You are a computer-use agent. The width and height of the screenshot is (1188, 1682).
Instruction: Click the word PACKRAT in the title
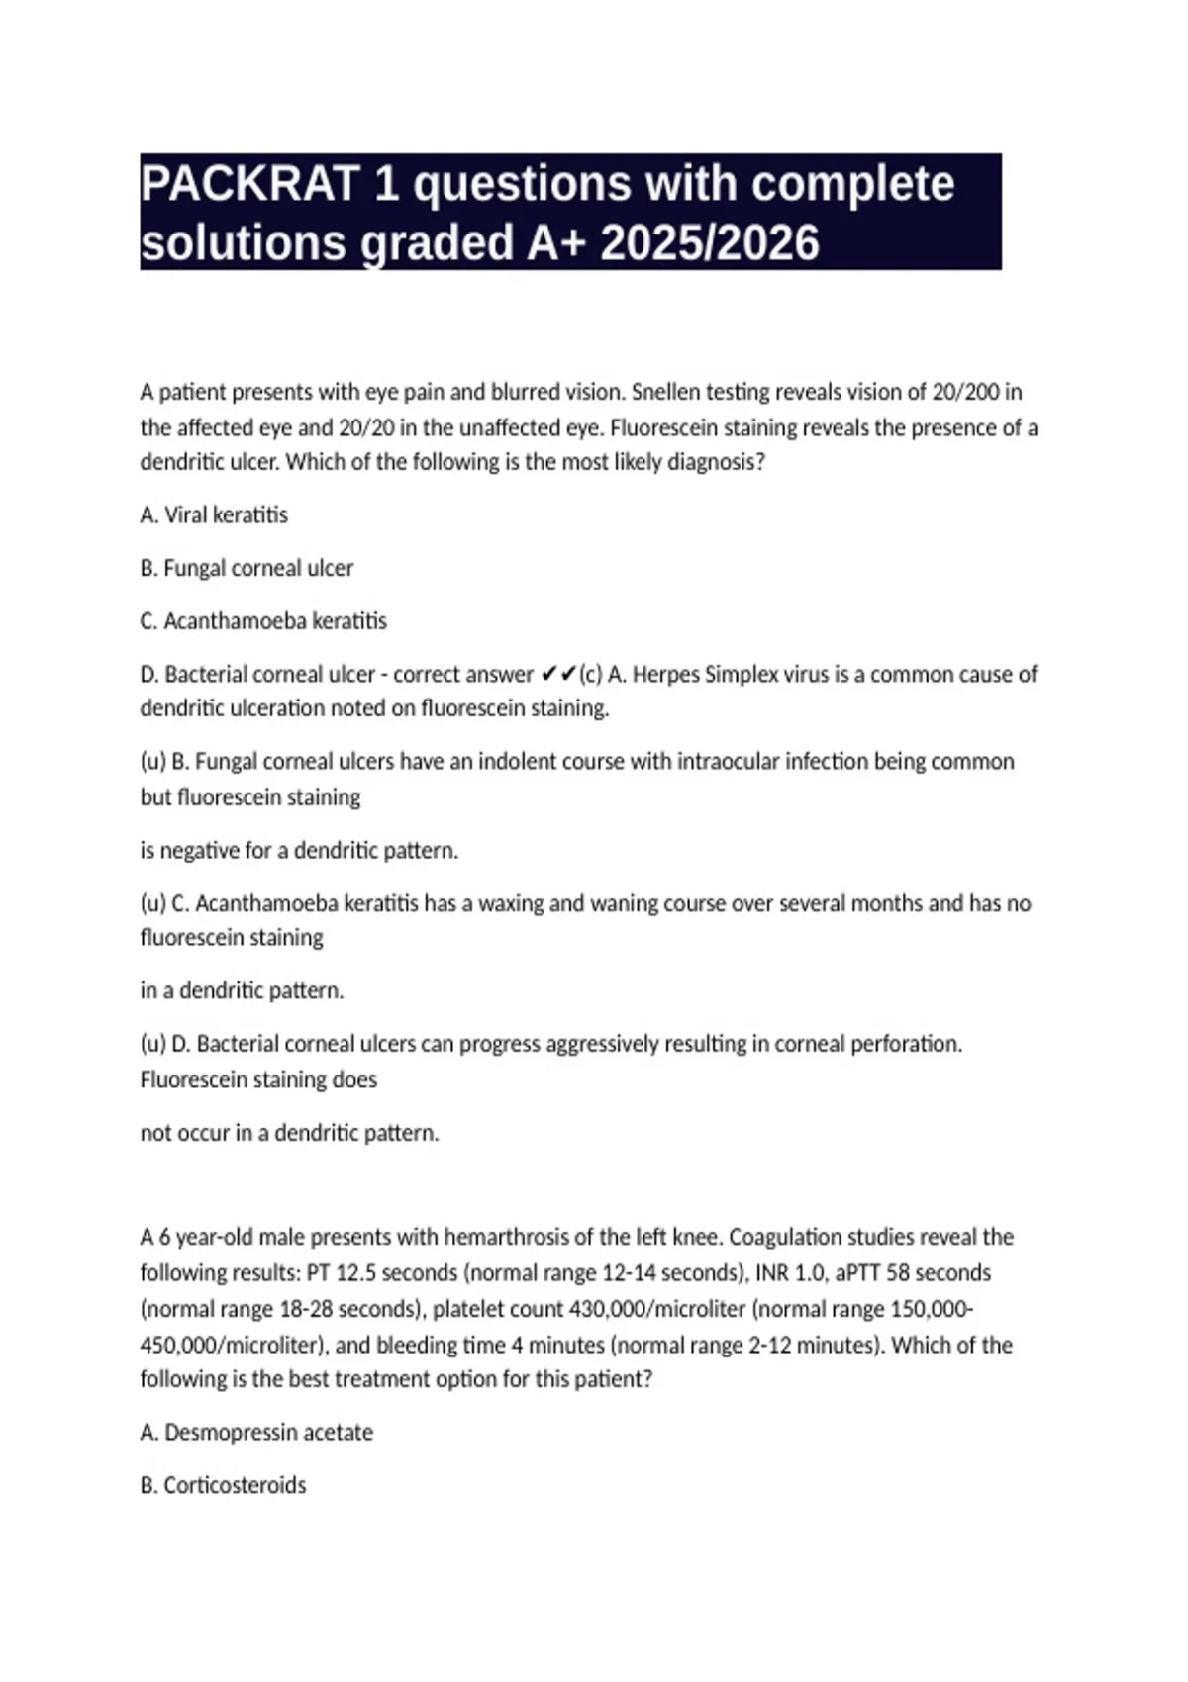click(x=249, y=184)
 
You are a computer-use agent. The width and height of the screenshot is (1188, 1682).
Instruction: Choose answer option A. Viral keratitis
click(x=214, y=515)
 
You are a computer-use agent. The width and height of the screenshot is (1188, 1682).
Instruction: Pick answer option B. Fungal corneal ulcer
click(x=247, y=569)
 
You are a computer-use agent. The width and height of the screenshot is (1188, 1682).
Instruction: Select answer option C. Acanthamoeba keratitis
click(x=263, y=621)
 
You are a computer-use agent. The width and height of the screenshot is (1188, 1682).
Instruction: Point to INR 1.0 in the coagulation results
click(x=788, y=1273)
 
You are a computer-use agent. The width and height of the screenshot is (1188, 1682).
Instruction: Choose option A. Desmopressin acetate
click(x=256, y=1433)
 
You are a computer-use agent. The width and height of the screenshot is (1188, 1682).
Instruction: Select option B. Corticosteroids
click(x=223, y=1486)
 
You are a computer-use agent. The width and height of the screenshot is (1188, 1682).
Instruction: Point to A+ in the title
click(x=557, y=243)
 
